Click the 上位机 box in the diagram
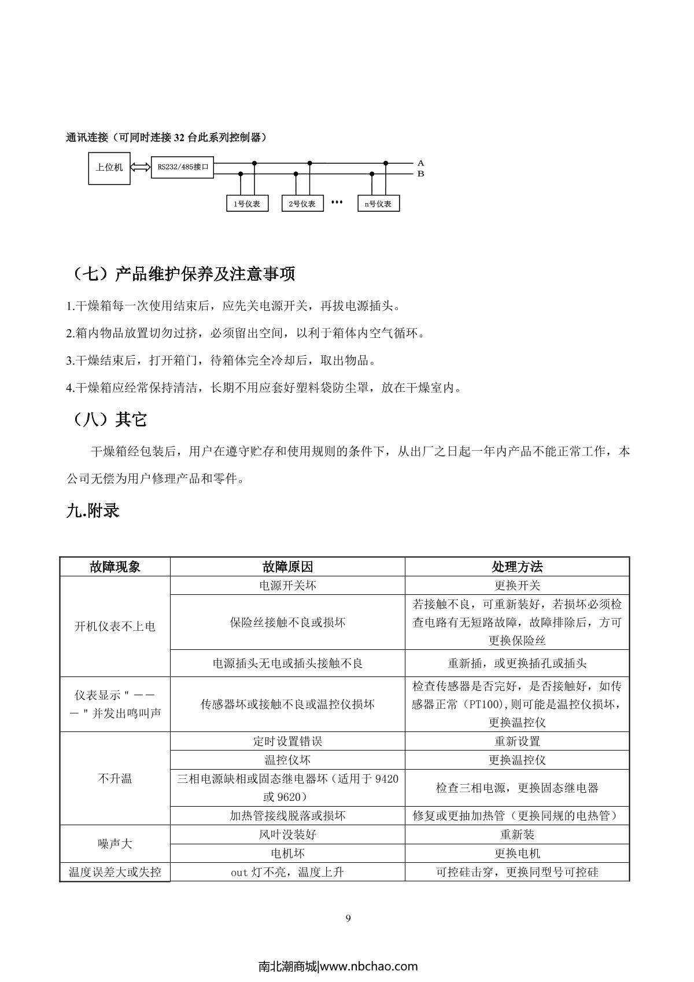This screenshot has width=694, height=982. [109, 168]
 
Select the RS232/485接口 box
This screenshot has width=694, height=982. [182, 167]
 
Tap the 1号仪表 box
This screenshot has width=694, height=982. [247, 204]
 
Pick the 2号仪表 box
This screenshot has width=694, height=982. [302, 204]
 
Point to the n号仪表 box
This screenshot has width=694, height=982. [378, 204]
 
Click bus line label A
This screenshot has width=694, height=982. [420, 164]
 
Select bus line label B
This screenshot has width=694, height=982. [420, 174]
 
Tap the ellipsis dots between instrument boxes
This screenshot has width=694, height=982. [337, 203]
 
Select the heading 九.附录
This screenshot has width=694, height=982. [93, 510]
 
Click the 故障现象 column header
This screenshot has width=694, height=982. [115, 567]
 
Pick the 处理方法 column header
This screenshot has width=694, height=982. [517, 567]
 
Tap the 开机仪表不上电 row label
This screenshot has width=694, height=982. [115, 626]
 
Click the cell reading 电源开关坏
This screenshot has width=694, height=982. [287, 585]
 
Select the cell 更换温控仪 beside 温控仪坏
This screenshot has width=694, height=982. [517, 760]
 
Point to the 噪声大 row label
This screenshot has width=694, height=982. [115, 844]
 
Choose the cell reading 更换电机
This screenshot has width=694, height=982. [517, 853]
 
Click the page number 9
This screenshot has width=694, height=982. [348, 918]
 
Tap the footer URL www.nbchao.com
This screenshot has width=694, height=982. [368, 966]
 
